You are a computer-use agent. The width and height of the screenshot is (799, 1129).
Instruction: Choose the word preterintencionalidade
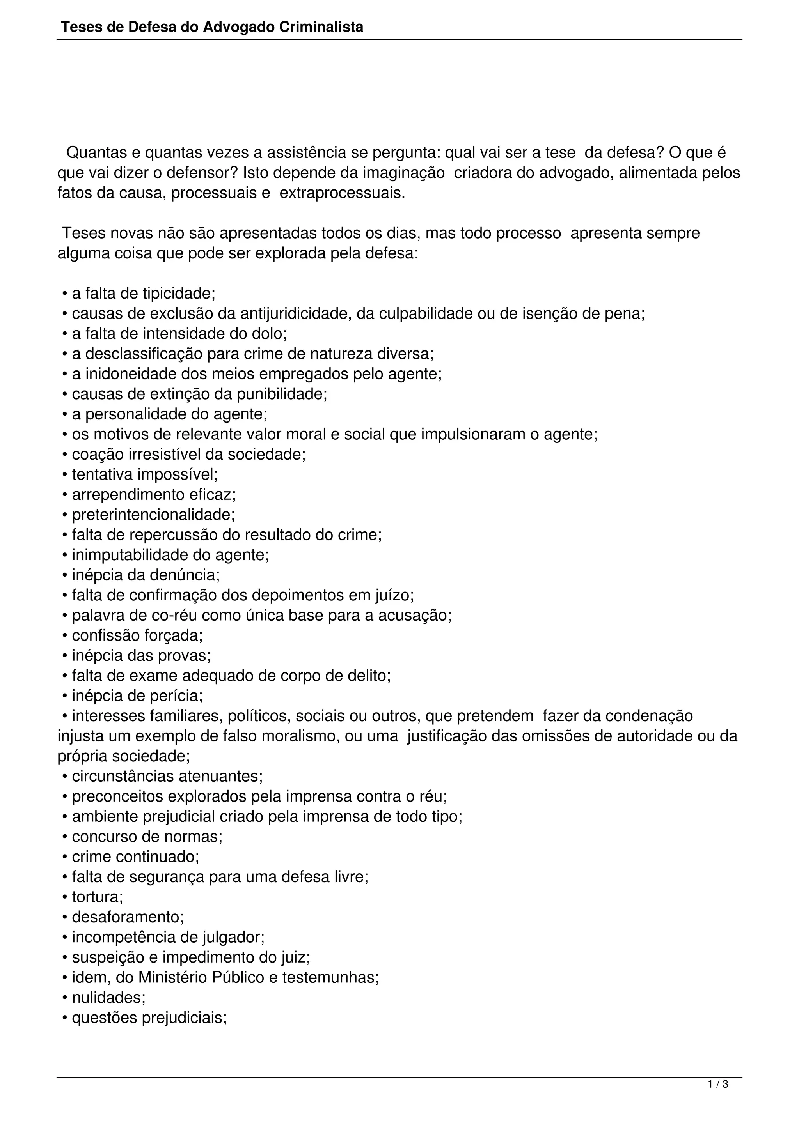[x=153, y=515]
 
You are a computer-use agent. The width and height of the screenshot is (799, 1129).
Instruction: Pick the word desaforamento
[x=128, y=917]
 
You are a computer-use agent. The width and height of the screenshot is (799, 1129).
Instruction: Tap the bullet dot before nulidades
[x=65, y=998]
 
